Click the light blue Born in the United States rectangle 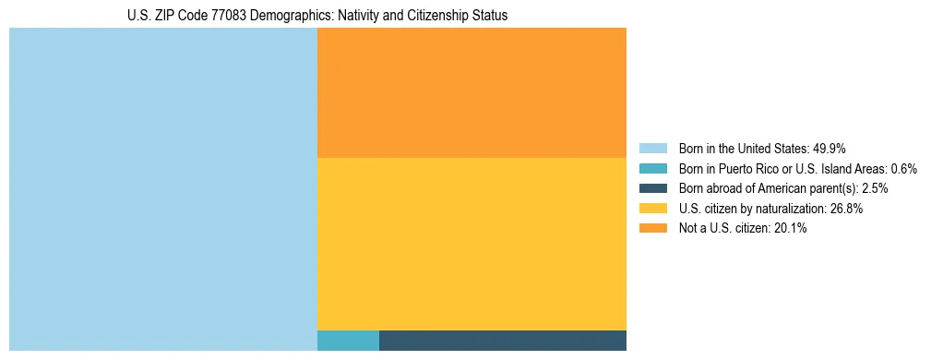163,189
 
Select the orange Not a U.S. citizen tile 471,92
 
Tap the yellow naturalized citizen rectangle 471,244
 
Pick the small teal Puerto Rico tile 348,341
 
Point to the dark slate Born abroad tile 503,341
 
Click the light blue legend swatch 652,148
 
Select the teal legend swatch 652,168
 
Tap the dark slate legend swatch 652,188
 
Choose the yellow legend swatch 652,209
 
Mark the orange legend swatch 652,229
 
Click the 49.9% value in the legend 830,148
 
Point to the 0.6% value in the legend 904,168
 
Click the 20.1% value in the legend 792,229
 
